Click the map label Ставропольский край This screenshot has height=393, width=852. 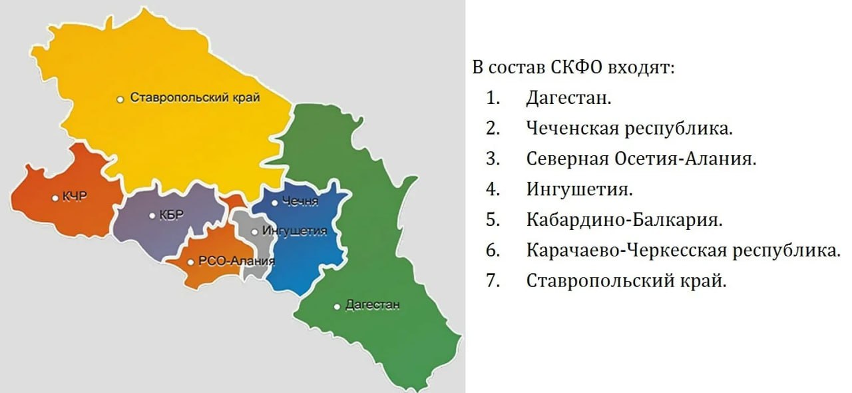(x=194, y=97)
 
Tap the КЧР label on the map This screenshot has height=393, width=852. (x=75, y=196)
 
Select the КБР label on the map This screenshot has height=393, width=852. (x=170, y=215)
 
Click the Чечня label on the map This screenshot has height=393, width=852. (x=300, y=202)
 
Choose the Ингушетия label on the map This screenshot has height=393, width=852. (x=294, y=231)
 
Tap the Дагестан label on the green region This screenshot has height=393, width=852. (x=373, y=305)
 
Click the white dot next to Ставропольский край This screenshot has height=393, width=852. (x=120, y=99)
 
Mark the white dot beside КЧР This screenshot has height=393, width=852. (x=55, y=197)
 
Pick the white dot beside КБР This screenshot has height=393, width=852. (x=152, y=216)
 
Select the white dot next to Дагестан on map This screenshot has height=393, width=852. (x=337, y=306)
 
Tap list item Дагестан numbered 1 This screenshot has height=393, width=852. (x=568, y=98)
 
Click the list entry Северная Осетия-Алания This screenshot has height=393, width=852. (x=642, y=159)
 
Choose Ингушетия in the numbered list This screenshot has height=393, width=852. (x=578, y=189)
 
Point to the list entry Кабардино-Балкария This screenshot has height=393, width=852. (x=624, y=219)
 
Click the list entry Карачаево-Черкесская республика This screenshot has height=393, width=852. (x=683, y=250)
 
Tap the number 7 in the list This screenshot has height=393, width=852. (x=493, y=280)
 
